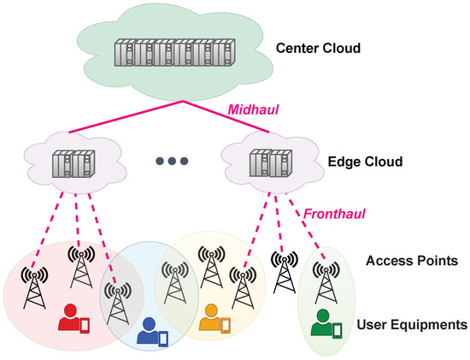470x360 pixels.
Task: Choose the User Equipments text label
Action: point(410,324)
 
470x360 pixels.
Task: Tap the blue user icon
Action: point(148,329)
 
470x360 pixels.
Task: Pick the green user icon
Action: point(321,322)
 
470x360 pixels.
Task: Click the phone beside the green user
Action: point(338,329)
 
